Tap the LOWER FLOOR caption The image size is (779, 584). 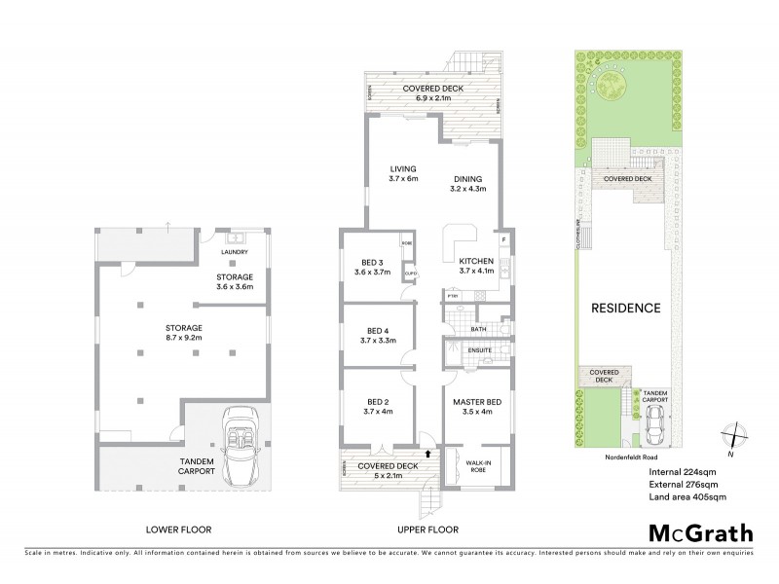(x=178, y=529)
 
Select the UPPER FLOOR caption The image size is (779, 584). (x=427, y=529)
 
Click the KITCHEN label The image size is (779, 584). (x=477, y=261)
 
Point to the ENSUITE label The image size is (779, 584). (x=480, y=349)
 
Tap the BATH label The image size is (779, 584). (x=478, y=329)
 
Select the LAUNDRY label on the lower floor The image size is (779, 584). (x=235, y=252)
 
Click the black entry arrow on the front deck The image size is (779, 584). (x=429, y=453)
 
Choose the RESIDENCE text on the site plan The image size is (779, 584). (x=625, y=309)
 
